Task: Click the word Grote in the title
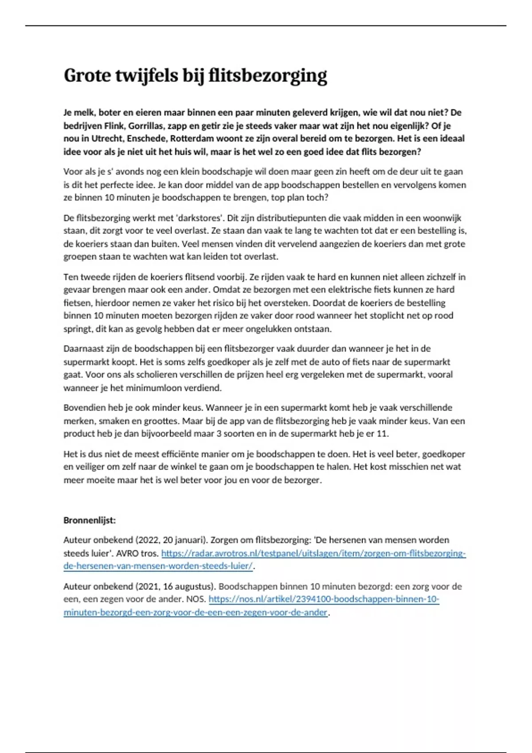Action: point(87,75)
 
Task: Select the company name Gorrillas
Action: point(146,125)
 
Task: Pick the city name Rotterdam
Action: point(192,138)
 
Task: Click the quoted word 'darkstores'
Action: point(201,218)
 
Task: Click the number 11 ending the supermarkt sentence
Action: point(382,434)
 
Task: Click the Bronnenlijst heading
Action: point(89,520)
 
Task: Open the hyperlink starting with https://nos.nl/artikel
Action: point(324,599)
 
